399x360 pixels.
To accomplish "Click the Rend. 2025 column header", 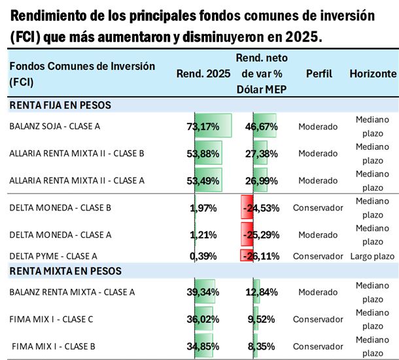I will [x=203, y=74].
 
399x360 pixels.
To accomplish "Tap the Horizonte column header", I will [x=373, y=74].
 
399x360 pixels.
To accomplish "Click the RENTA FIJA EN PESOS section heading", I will [x=60, y=105].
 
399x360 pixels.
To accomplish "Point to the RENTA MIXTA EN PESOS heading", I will [x=65, y=270].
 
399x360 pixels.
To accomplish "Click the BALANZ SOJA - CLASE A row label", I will [x=54, y=126].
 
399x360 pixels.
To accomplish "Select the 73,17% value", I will [x=203, y=126].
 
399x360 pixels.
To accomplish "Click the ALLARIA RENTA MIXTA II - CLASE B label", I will [x=77, y=154].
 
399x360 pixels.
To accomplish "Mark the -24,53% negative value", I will [x=261, y=208].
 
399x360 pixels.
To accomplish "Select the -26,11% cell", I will [x=261, y=255].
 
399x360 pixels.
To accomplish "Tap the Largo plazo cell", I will [x=373, y=255].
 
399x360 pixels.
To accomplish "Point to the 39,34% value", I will [x=203, y=291].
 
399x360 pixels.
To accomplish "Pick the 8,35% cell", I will [x=264, y=346].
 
